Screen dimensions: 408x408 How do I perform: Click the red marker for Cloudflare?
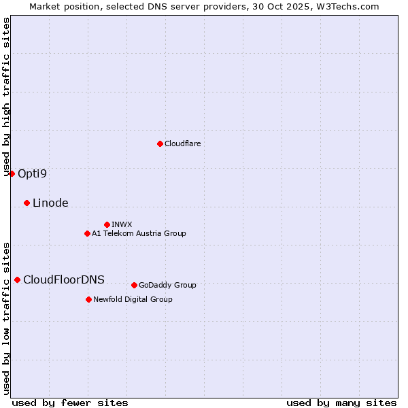[160, 143]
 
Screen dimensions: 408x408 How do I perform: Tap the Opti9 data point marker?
[12, 173]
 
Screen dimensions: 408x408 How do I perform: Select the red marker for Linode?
[27, 203]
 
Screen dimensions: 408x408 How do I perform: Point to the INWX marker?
[107, 224]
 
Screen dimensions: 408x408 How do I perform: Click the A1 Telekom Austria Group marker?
[87, 233]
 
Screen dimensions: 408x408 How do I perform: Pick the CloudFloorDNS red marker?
[17, 279]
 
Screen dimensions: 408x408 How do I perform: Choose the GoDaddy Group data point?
[134, 285]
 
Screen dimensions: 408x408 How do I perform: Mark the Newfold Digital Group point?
[88, 299]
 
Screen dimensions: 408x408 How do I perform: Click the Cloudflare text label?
[183, 143]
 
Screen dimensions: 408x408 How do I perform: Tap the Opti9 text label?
[32, 173]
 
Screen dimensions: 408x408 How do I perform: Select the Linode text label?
[50, 203]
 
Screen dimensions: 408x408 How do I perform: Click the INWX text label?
[122, 224]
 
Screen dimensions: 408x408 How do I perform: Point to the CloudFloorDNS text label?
[64, 279]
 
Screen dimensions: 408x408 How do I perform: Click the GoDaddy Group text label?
[167, 285]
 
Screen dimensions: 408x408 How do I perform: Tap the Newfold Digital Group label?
[133, 299]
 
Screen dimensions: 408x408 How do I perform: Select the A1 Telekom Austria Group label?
[139, 233]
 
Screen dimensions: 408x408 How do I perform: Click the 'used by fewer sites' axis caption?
[70, 403]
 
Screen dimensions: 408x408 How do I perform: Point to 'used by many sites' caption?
[341, 403]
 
